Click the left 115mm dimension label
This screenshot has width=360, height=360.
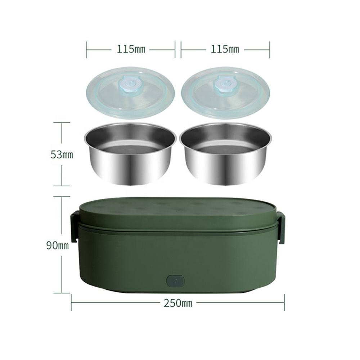131,49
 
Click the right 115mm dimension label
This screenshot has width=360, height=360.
225,49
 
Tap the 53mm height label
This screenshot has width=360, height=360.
62,155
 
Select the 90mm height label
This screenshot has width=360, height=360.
57,246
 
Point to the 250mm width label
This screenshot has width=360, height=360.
178,303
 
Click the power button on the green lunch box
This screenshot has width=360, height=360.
175,281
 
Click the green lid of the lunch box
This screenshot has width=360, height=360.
178,212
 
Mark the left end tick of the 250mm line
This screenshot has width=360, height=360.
71,302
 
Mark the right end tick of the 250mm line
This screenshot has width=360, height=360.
284,302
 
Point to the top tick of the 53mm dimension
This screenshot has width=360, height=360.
62,123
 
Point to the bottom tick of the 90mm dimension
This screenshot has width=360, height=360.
62,293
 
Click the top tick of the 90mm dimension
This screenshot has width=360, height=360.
62,197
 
